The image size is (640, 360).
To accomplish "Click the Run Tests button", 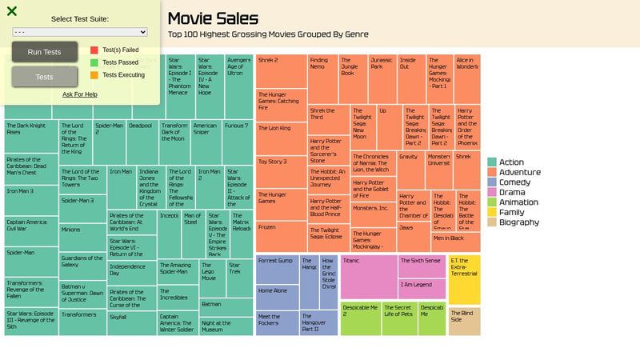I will [44, 52].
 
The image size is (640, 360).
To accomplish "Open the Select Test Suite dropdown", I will [80, 32].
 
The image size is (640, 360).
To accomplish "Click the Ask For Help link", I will [80, 94].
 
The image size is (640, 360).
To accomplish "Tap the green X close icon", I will [12, 11].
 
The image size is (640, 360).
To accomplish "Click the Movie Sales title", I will [213, 18].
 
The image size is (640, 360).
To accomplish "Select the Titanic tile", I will [368, 277].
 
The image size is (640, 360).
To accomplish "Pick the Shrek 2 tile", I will [281, 71].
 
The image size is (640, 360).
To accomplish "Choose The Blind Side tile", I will [464, 321].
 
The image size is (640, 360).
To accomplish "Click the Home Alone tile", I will [277, 297].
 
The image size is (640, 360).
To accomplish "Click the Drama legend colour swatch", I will [492, 192].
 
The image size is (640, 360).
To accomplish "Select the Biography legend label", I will [519, 222].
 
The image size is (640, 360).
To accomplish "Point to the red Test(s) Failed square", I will [94, 50].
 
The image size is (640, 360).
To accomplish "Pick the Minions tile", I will [82, 238].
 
